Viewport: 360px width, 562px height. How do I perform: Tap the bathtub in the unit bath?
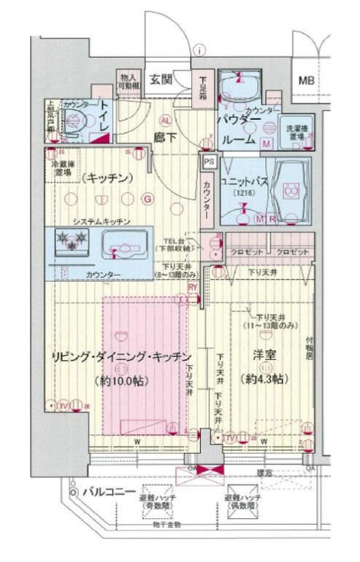[x=290, y=191]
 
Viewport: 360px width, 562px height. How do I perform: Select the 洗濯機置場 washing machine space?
[x=296, y=132]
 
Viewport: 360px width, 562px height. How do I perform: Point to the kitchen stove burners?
[x=73, y=239]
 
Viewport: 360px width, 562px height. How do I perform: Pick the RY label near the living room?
[x=192, y=287]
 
